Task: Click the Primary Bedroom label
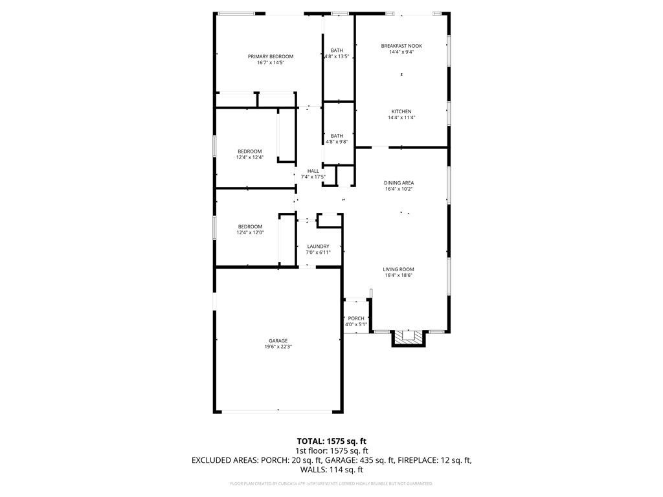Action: pyautogui.click(x=271, y=56)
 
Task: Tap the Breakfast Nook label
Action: pyautogui.click(x=401, y=46)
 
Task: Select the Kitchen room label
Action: pyautogui.click(x=401, y=111)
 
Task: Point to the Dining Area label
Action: pyautogui.click(x=399, y=183)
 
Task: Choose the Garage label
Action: pyautogui.click(x=278, y=340)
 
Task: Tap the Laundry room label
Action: pyautogui.click(x=318, y=246)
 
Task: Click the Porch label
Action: pyautogui.click(x=356, y=318)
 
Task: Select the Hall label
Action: pyautogui.click(x=313, y=171)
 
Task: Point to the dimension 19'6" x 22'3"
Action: pyautogui.click(x=278, y=347)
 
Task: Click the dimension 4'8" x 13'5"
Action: pyautogui.click(x=337, y=56)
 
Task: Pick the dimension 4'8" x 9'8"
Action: pyautogui.click(x=337, y=142)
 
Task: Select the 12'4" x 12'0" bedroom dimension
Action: pyautogui.click(x=249, y=233)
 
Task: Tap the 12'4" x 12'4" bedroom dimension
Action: pyautogui.click(x=249, y=157)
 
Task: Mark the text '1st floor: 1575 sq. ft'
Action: pyautogui.click(x=331, y=450)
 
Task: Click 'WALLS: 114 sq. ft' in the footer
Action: pyautogui.click(x=331, y=470)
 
